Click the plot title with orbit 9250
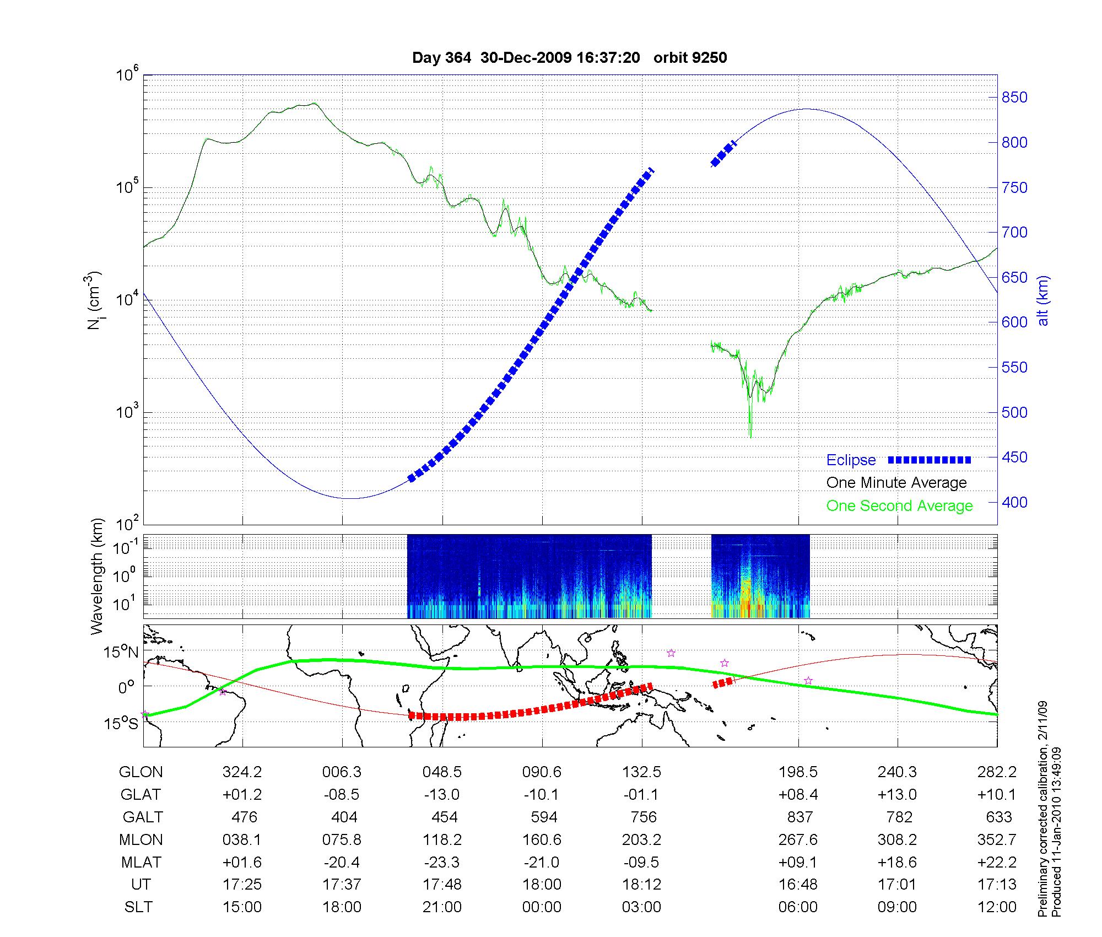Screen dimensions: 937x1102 [569, 58]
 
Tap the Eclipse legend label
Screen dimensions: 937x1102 [851, 460]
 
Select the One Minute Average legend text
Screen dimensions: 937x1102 [896, 483]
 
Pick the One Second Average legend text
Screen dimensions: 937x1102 [899, 506]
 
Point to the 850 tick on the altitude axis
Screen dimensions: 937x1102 [1014, 98]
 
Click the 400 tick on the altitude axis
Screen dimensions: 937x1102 [1014, 502]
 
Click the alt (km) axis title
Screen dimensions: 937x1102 [1043, 300]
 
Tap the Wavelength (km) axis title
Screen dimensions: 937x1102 [97, 576]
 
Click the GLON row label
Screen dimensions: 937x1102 [141, 772]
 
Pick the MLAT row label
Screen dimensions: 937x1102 [141, 862]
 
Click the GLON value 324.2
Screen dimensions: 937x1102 [242, 772]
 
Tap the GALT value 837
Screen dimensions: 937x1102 [800, 817]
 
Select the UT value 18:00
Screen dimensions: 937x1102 [542, 885]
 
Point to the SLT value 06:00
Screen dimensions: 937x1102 [798, 907]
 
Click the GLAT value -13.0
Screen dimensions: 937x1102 [442, 794]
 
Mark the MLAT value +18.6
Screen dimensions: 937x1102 [898, 862]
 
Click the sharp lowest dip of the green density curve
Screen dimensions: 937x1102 [750, 437]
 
